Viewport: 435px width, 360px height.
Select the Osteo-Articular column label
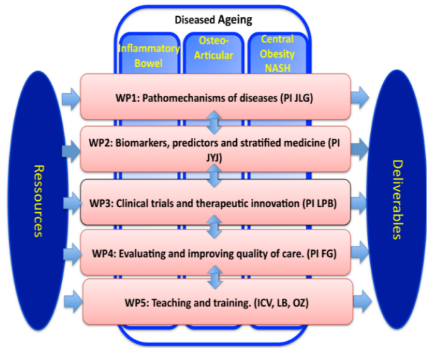[214, 49]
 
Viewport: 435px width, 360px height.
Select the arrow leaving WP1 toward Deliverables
[360, 98]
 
